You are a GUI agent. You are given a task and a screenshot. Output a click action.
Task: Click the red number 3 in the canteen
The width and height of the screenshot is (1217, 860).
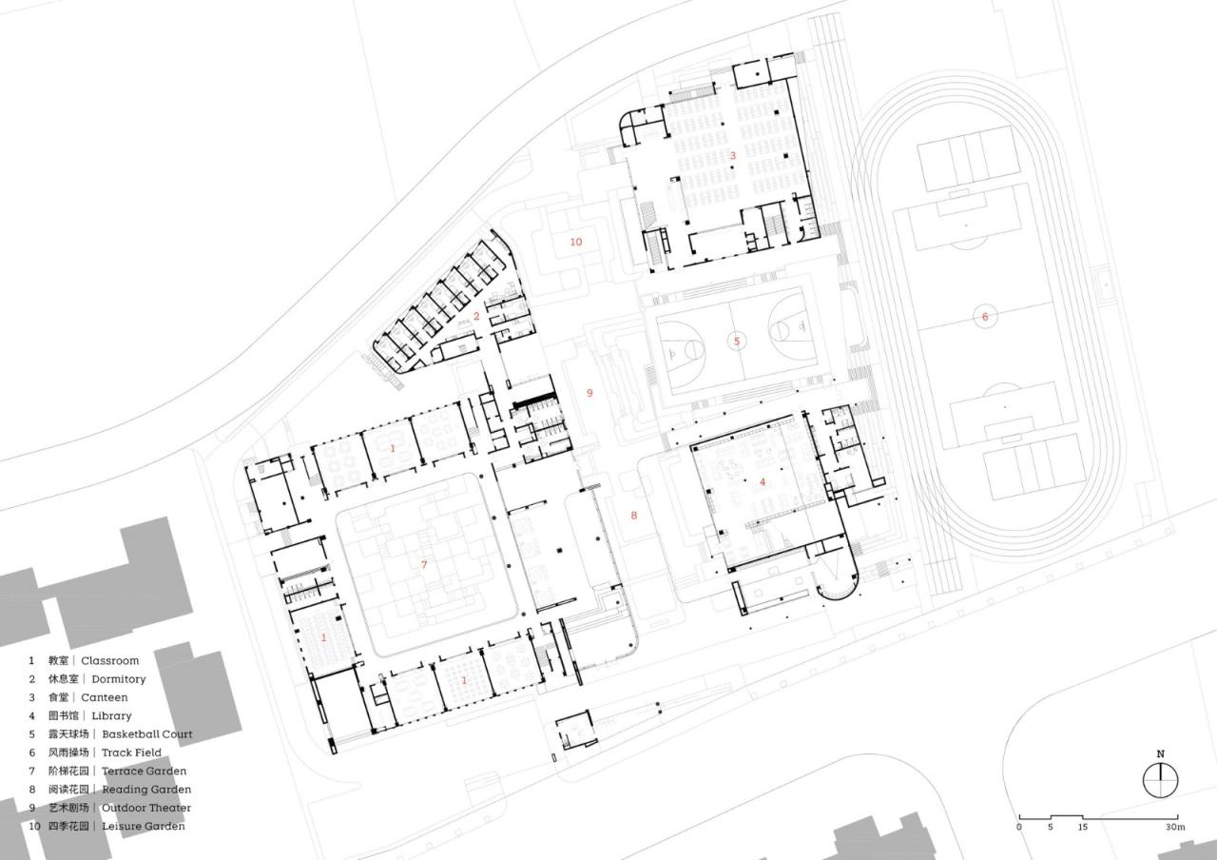(732, 155)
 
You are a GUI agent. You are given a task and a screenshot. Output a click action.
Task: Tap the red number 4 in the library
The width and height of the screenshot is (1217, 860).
(762, 482)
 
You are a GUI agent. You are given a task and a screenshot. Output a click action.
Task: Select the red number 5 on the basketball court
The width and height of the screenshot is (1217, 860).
(735, 341)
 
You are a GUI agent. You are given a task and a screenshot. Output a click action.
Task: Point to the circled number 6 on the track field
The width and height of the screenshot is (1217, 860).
(985, 317)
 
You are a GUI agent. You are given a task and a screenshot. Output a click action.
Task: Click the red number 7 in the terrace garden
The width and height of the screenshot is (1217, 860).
(425, 565)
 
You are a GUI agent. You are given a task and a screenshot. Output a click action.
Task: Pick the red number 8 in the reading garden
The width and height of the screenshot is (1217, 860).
(634, 516)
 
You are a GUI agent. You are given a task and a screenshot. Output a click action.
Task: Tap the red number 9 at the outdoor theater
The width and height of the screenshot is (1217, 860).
(589, 393)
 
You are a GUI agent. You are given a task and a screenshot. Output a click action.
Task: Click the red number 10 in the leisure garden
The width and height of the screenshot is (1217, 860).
(575, 242)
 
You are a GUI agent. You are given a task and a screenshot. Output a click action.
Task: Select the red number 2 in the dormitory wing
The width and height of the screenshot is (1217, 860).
(476, 316)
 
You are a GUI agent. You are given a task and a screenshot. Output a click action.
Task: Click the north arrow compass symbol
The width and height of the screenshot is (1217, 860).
(1160, 781)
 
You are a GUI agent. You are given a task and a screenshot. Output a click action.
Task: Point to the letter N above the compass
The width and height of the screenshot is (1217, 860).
(1160, 754)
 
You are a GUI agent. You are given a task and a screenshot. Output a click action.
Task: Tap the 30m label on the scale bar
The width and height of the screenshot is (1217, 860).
(1176, 828)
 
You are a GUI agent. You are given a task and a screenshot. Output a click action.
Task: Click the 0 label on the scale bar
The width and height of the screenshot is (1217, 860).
(1019, 828)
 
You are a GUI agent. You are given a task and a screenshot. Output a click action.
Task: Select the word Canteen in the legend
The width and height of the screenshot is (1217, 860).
(104, 697)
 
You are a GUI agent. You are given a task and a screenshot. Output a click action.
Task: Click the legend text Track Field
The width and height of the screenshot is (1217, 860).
(131, 752)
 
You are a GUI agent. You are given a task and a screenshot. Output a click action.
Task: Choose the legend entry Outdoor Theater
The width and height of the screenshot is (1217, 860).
(146, 808)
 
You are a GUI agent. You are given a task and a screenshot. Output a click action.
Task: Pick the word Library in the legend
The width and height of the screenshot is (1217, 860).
(111, 715)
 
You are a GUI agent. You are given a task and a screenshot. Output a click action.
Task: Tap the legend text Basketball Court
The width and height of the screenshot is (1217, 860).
(147, 734)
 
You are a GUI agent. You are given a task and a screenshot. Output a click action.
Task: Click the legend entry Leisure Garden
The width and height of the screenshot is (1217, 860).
(144, 826)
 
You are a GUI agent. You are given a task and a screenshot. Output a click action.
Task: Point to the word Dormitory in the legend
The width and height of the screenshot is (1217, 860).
(118, 679)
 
